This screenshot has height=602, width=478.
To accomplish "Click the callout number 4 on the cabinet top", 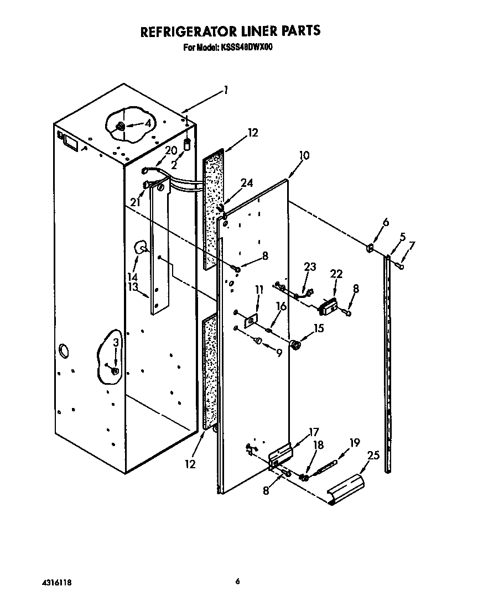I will tap(148, 123).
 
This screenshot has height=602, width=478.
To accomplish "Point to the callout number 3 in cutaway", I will tap(116, 343).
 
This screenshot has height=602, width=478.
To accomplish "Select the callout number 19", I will tap(354, 442).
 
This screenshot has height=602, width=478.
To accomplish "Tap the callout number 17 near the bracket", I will tap(314, 432).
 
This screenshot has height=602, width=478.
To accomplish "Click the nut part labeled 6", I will tap(369, 247).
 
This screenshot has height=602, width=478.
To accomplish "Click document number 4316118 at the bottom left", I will tap(57, 583).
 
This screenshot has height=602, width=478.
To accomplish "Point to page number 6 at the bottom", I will tap(238, 581).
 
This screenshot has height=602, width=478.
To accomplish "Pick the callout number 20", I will tap(172, 150).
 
